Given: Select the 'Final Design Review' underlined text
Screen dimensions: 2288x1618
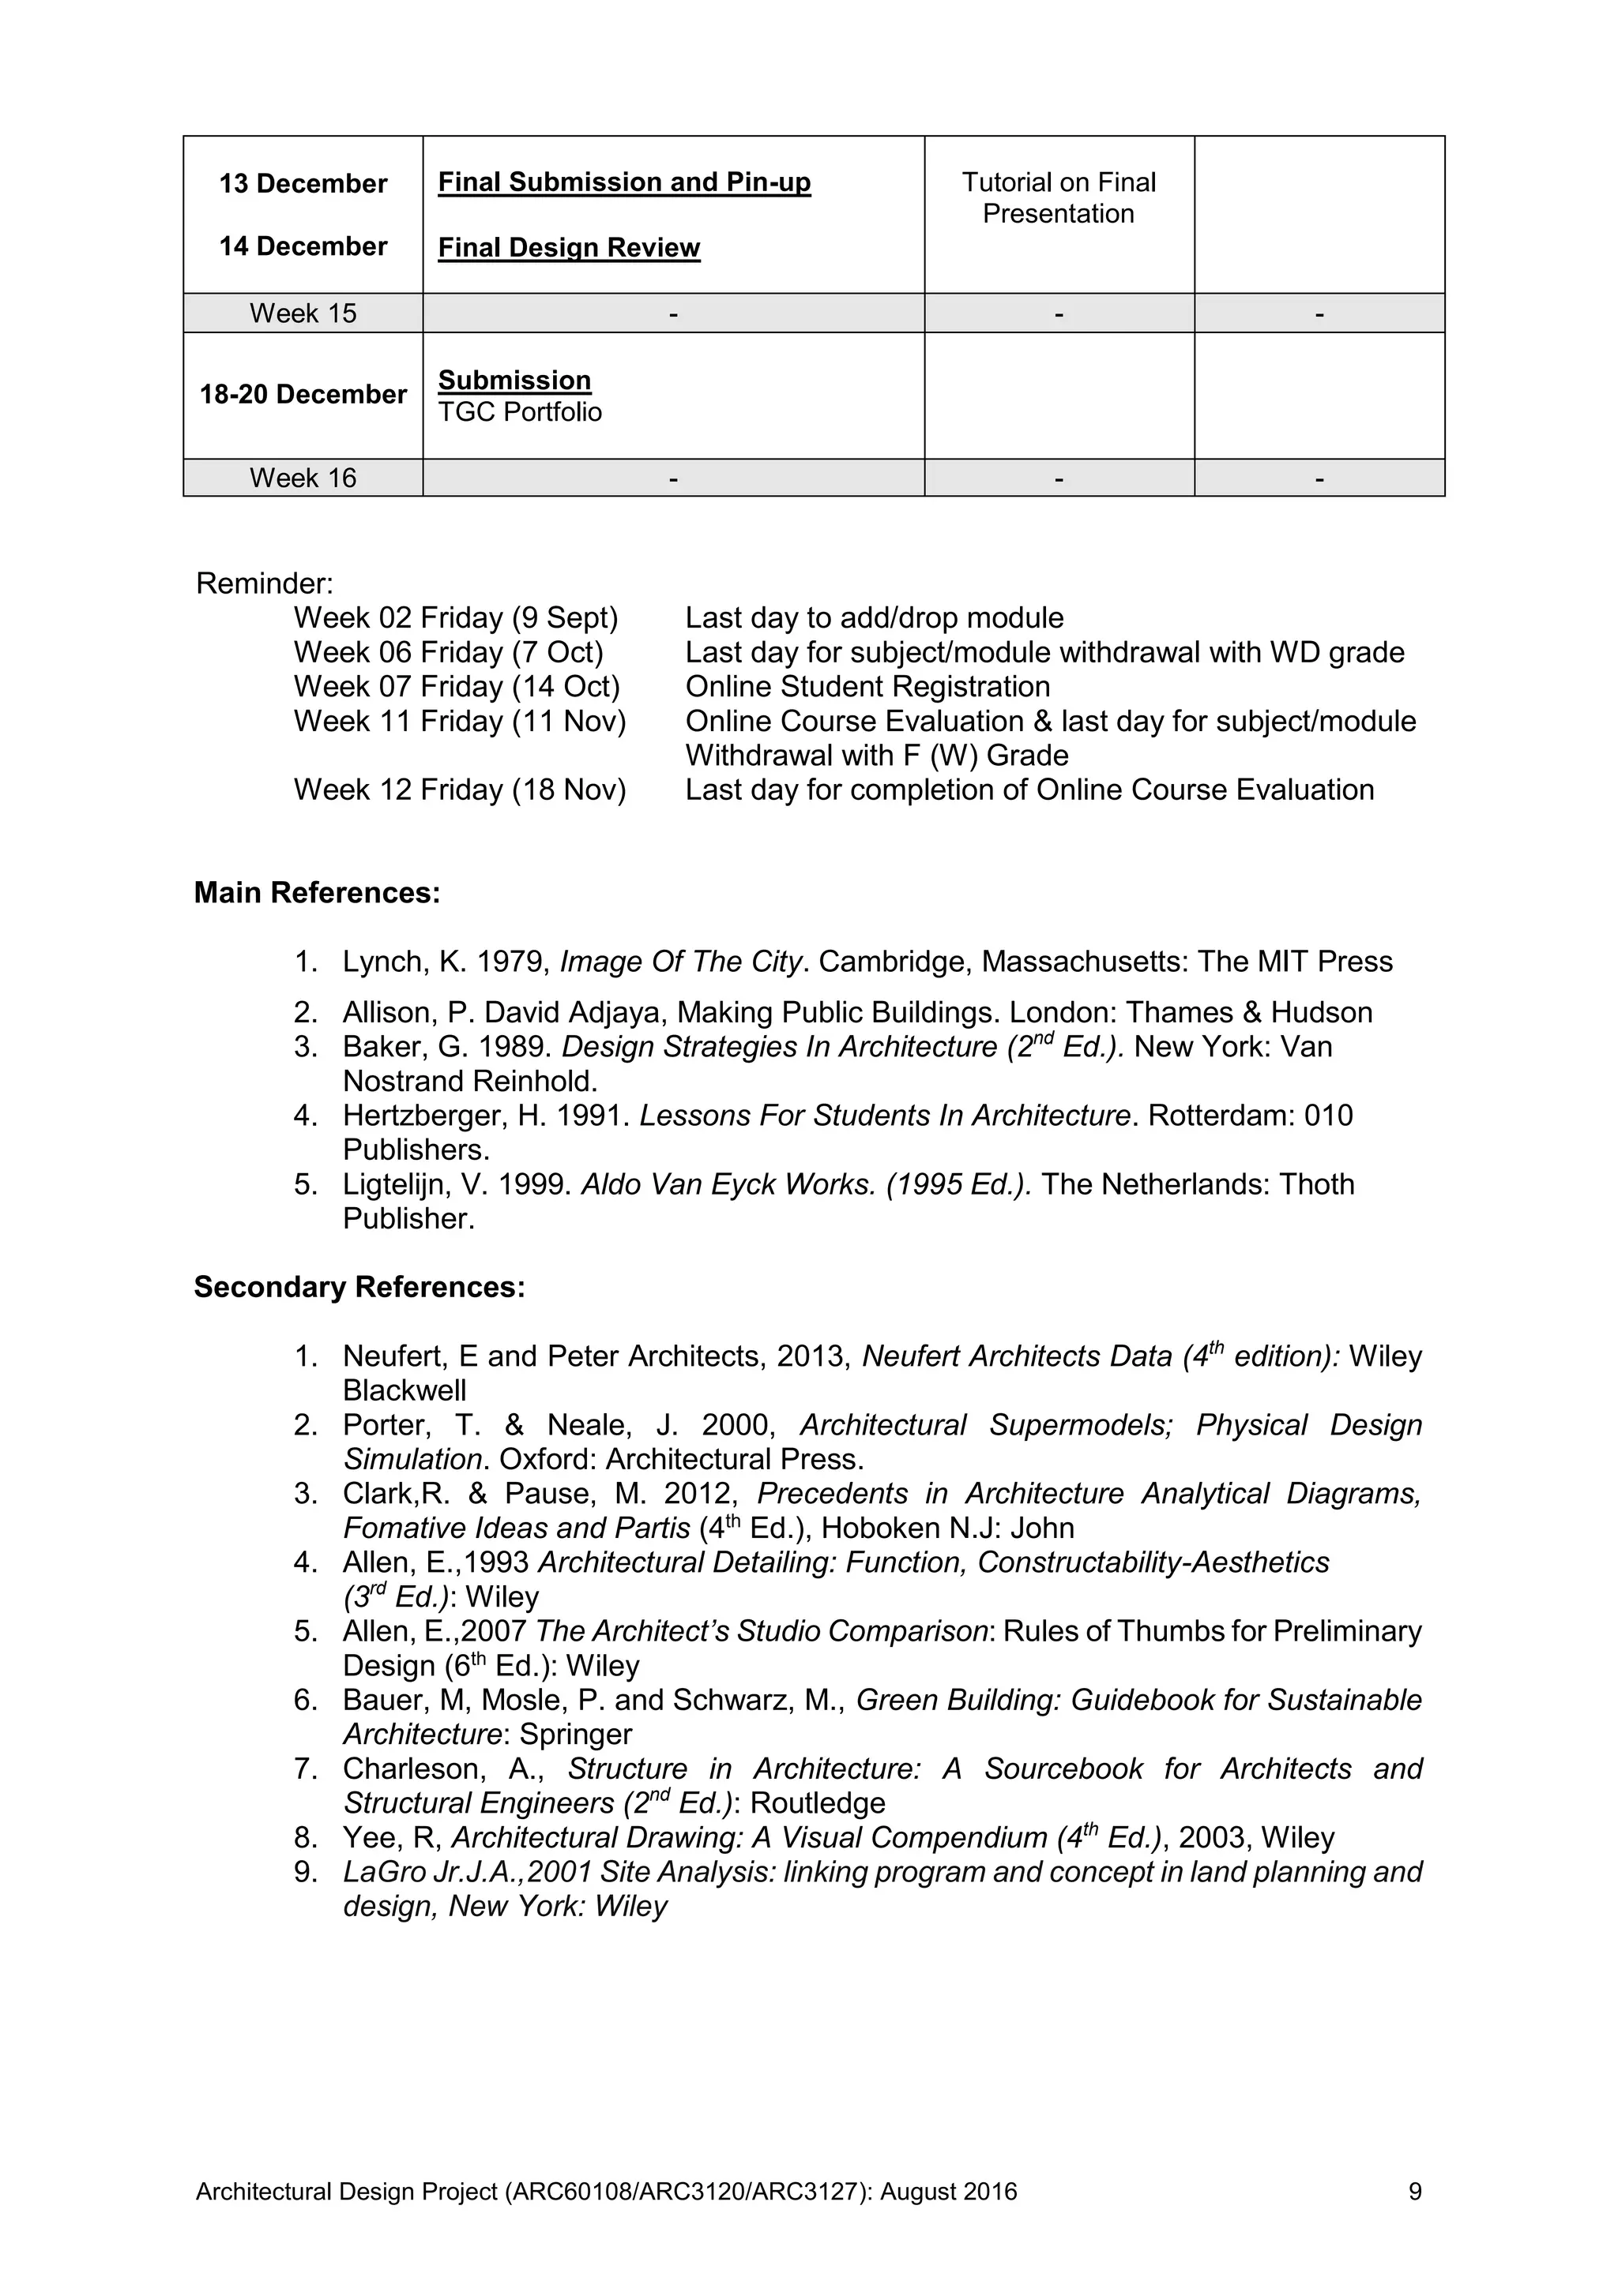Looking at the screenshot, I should tap(570, 248).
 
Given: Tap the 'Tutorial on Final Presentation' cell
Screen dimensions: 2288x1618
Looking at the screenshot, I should tap(1058, 198).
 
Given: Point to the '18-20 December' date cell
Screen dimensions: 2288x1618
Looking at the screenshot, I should tap(303, 395).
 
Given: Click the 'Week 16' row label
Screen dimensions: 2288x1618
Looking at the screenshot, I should tap(303, 478).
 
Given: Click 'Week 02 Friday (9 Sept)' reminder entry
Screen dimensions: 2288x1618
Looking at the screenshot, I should tap(456, 619).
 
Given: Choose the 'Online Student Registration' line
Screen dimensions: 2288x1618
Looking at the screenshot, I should tap(867, 688).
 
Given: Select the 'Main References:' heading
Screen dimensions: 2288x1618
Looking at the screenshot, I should tap(316, 893).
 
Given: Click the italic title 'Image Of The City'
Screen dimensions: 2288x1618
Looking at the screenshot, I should tap(680, 962).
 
